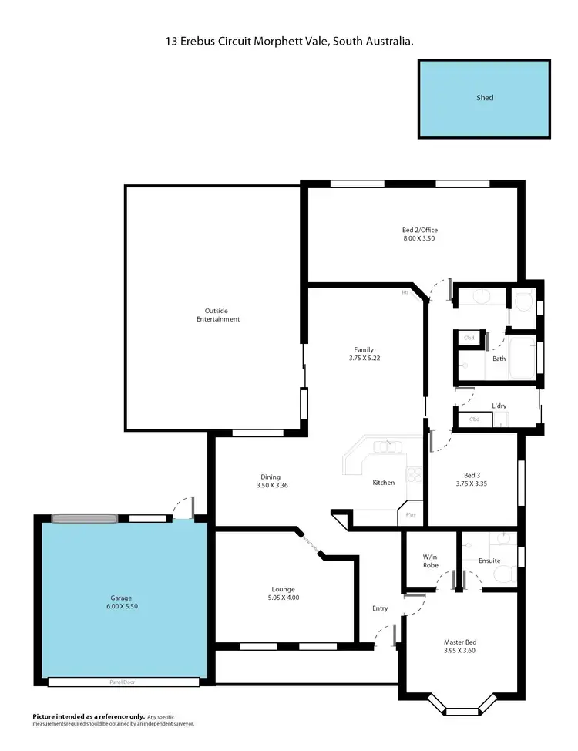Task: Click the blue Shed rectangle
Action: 484,99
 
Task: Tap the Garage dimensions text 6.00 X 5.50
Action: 121,606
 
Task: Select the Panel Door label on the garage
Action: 123,682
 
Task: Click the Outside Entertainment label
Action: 218,315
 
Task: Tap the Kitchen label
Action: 384,483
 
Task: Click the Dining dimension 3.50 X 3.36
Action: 271,485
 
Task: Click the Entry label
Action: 380,608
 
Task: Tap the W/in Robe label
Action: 430,561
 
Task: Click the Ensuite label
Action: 489,561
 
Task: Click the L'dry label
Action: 499,406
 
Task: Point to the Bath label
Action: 499,359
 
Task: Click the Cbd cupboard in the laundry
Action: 475,419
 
